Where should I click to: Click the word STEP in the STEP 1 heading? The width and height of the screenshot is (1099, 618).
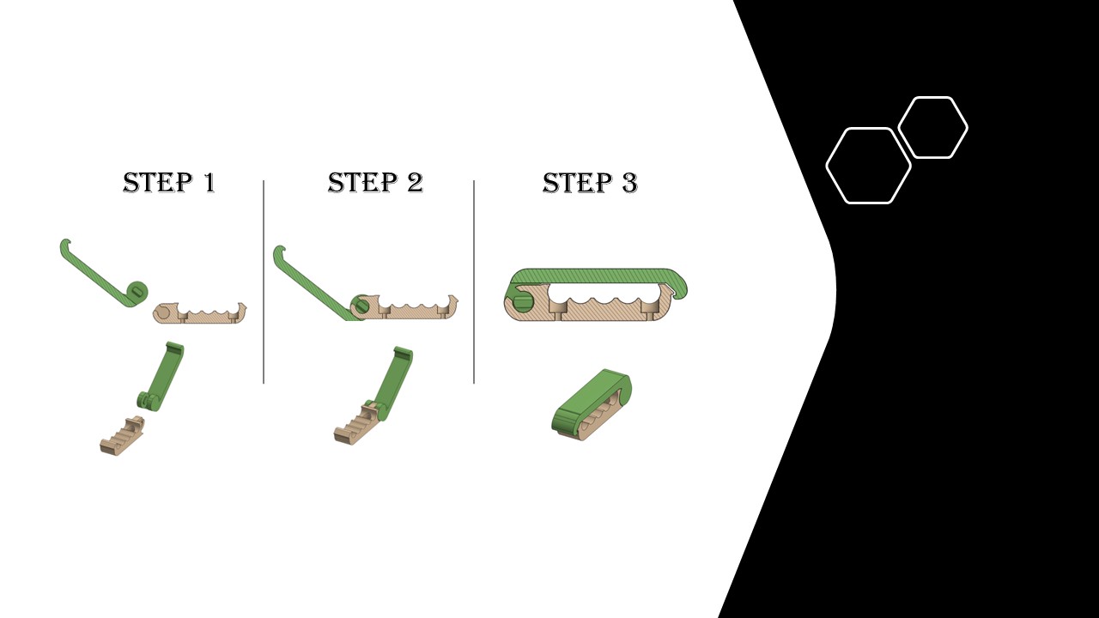157,183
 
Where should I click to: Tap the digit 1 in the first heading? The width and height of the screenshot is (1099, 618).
209,183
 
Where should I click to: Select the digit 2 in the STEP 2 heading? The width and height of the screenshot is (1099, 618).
415,183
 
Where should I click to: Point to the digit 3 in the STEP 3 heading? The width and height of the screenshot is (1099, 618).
629,183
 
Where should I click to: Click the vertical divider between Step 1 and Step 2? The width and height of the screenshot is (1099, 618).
264,282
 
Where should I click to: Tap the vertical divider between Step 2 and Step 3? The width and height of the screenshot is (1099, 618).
474,282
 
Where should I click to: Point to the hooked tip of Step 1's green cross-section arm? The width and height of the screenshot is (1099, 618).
65,244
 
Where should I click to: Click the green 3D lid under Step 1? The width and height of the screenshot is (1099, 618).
162,375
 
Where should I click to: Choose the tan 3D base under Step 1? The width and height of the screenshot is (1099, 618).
123,435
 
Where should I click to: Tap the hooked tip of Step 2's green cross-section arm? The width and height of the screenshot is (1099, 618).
279,250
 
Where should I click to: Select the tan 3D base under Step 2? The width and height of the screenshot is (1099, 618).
355,423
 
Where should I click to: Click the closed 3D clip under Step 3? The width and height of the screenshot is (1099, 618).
592,404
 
